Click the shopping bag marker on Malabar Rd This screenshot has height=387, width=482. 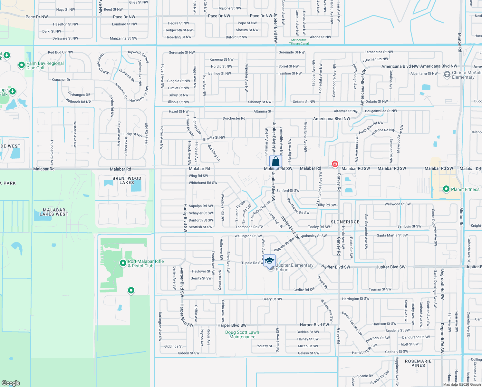pyautogui.click(x=275, y=161)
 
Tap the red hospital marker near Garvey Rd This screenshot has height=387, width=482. pyautogui.click(x=335, y=164)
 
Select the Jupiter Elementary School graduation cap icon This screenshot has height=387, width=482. pyautogui.click(x=269, y=260)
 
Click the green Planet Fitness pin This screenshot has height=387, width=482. pyautogui.click(x=446, y=189)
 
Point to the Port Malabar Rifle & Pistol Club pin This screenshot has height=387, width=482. pyautogui.click(x=123, y=263)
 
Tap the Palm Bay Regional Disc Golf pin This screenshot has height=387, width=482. pyautogui.click(x=21, y=65)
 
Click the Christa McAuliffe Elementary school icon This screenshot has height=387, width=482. pyautogui.click(x=447, y=75)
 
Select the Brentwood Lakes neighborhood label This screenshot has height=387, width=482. pyautogui.click(x=127, y=180)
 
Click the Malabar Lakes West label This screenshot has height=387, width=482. pyautogui.click(x=54, y=212)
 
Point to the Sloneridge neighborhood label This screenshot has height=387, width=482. pyautogui.click(x=345, y=222)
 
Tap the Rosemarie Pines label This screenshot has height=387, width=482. pyautogui.click(x=418, y=363)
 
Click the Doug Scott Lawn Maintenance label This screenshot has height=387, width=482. pyautogui.click(x=242, y=334)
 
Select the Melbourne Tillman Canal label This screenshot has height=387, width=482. pyautogui.click(x=299, y=42)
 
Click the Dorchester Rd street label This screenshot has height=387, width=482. pyautogui.click(x=234, y=118)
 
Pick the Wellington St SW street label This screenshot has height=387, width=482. pyautogui.click(x=248, y=236)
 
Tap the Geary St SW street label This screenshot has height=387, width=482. pyautogui.click(x=272, y=299)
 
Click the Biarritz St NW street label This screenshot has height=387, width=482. pyautogui.click(x=214, y=138)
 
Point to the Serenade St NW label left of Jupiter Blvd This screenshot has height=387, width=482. pyautogui.click(x=182, y=52)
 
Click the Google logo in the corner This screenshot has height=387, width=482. pyautogui.click(x=11, y=383)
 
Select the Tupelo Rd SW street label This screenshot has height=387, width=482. pyautogui.click(x=252, y=263)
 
